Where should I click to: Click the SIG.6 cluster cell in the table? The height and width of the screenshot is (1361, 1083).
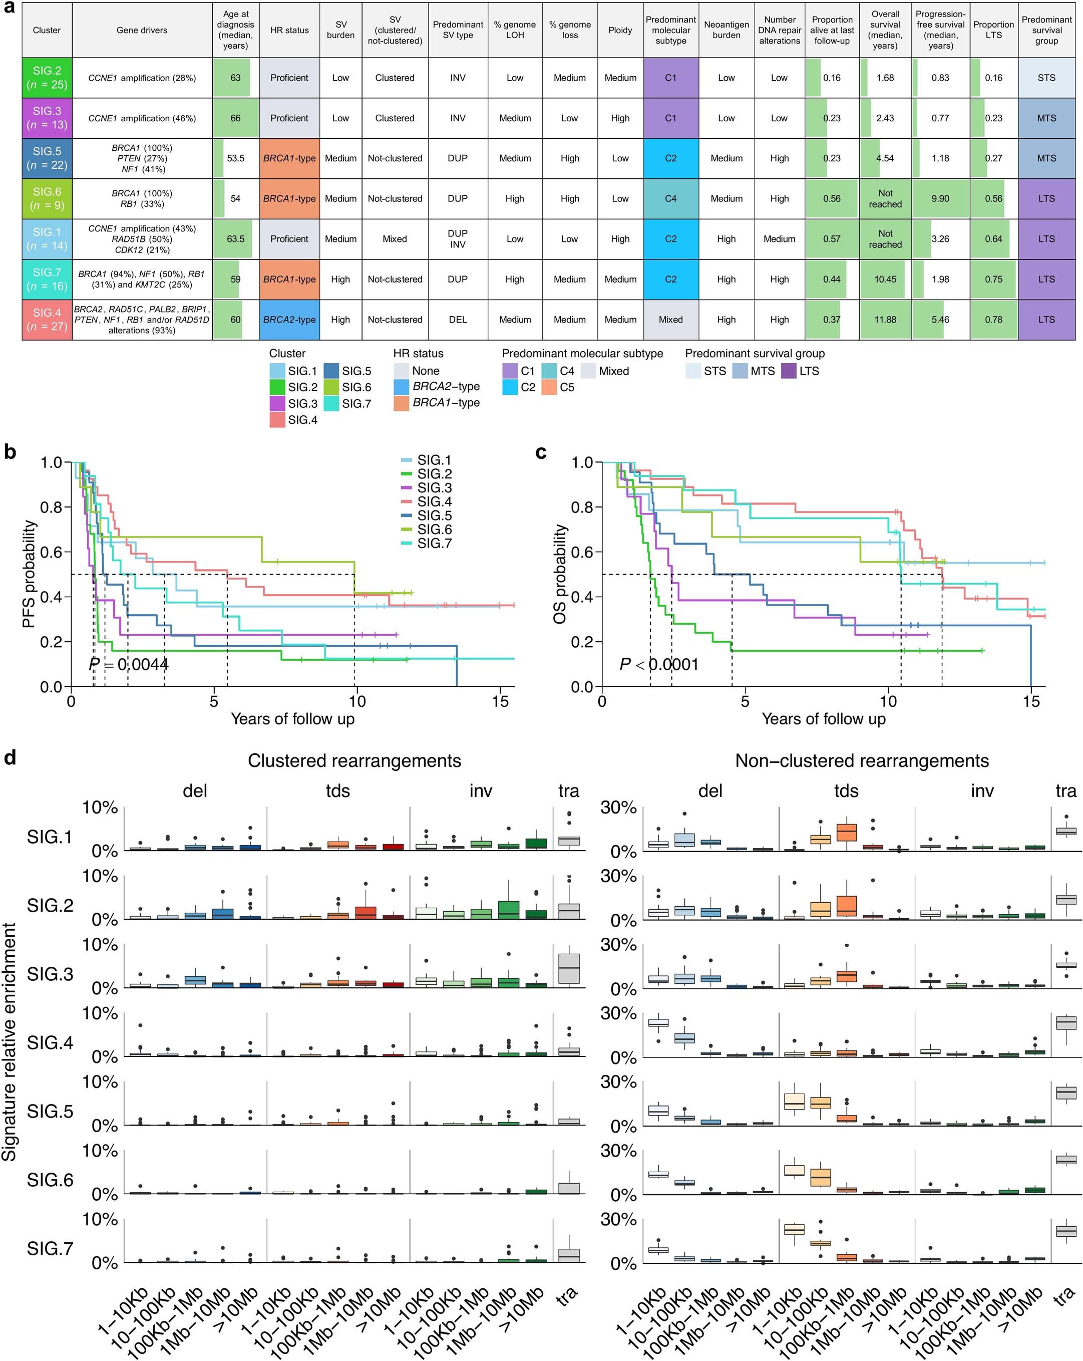[47, 198]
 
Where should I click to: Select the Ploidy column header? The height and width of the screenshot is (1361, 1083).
[620, 30]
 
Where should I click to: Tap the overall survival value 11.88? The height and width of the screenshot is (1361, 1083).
[885, 320]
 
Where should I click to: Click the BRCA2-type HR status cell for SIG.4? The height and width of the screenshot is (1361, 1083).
[289, 320]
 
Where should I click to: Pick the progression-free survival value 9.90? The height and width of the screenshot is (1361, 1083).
[940, 198]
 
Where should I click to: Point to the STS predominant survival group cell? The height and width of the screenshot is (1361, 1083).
[1046, 78]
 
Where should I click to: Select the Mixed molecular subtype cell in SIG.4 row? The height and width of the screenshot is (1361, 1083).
[670, 320]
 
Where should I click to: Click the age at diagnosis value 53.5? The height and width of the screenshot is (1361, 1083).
[235, 158]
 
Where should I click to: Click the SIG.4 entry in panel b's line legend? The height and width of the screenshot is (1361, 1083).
[434, 501]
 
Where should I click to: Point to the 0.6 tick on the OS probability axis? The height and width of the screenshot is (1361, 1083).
[582, 552]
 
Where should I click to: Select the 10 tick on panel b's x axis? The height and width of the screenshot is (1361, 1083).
[356, 701]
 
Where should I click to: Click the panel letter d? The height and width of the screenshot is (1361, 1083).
[10, 757]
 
